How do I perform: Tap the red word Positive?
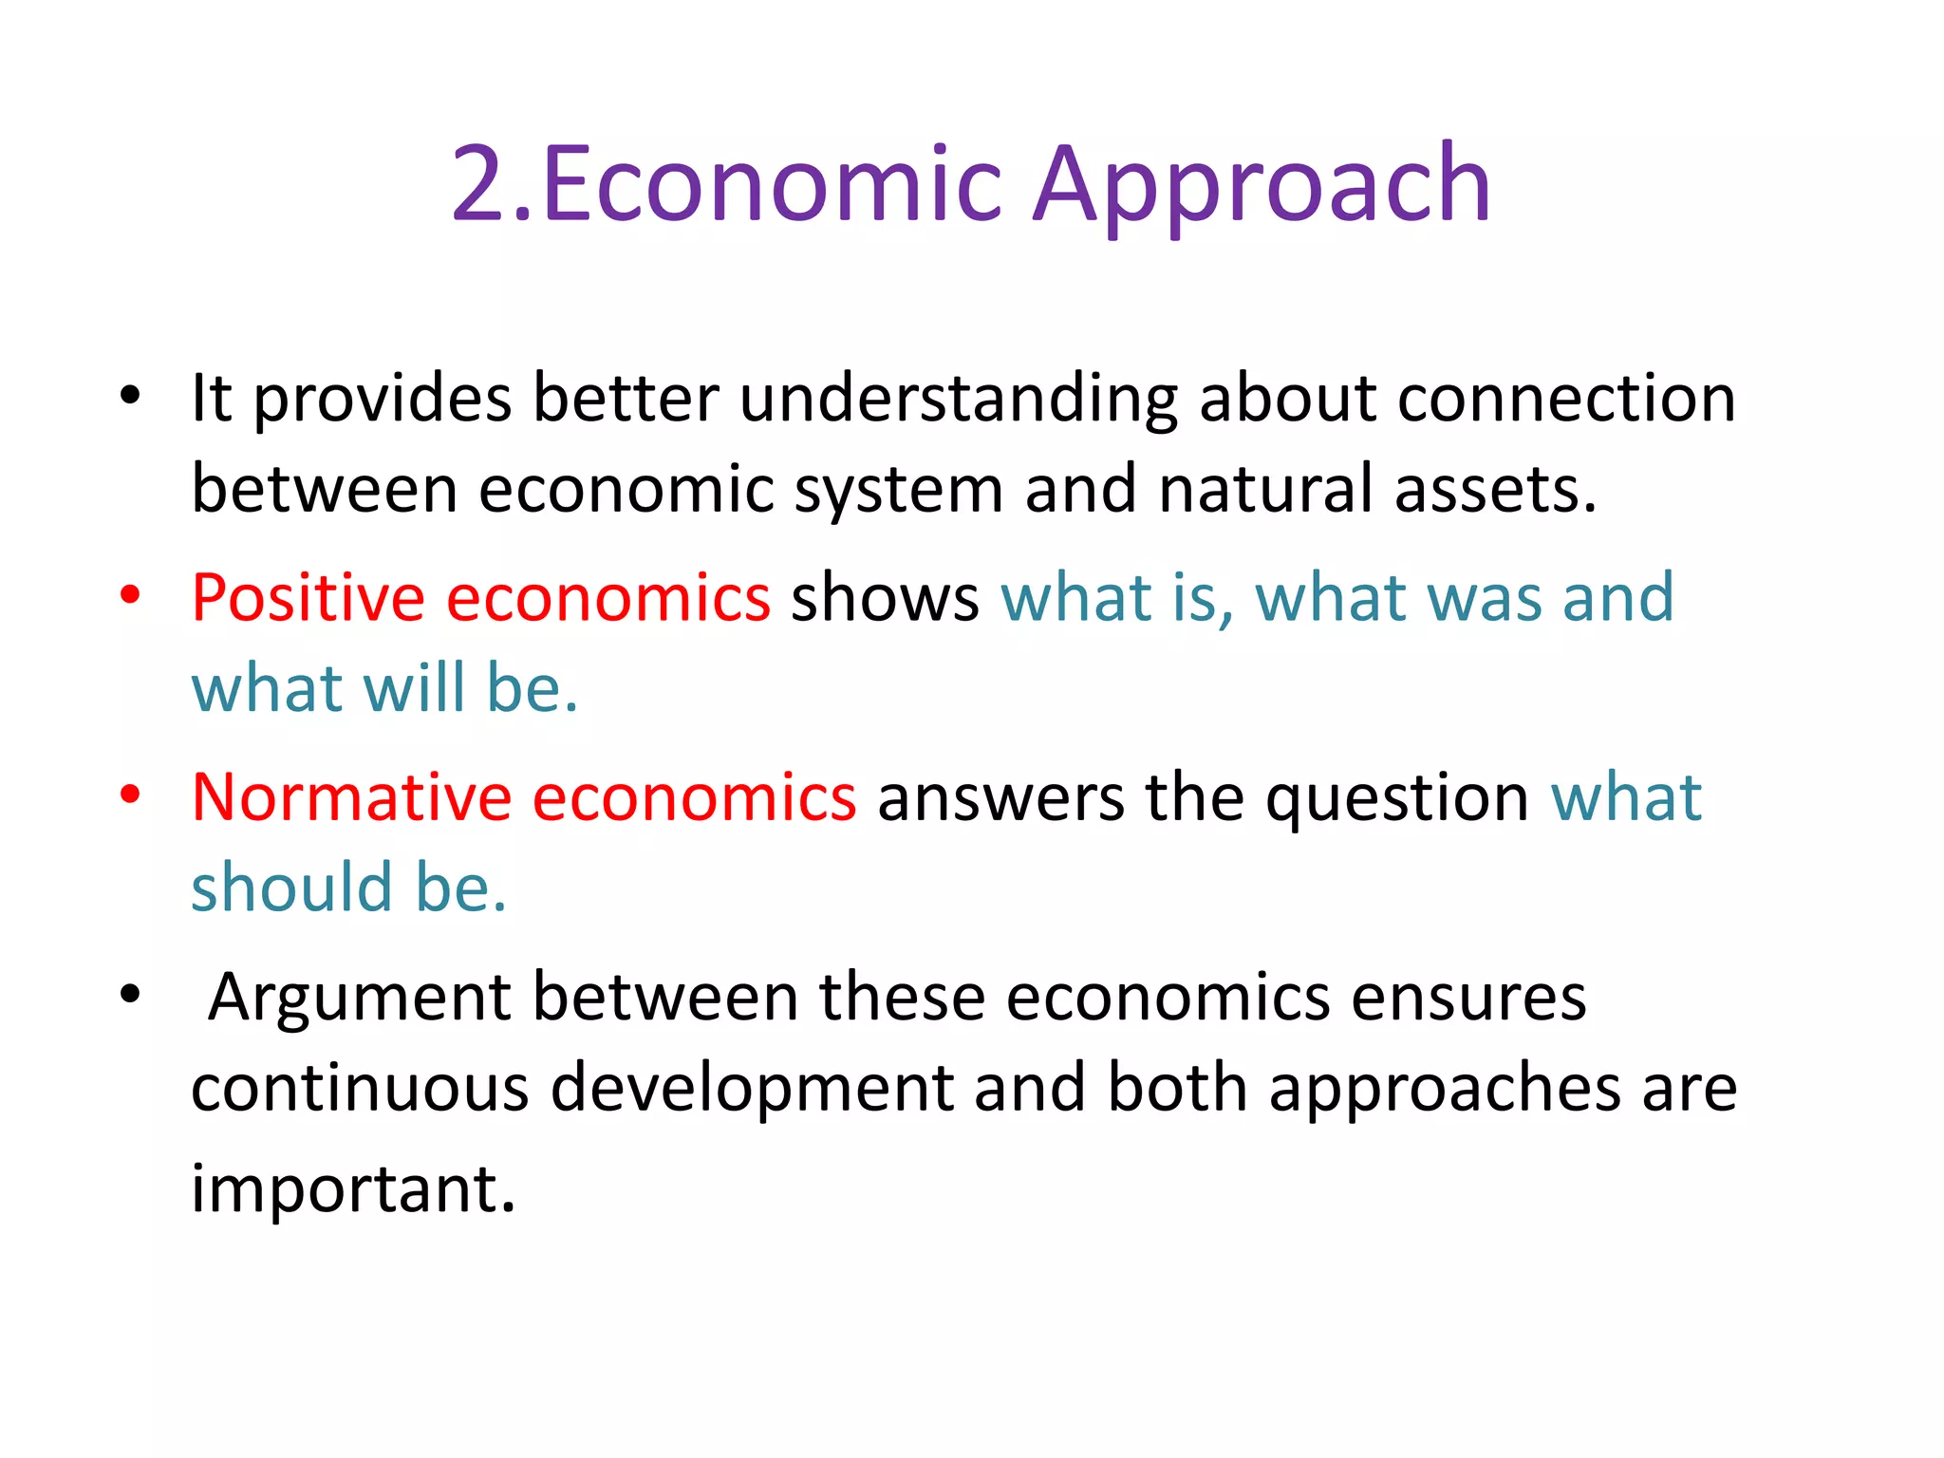click(308, 599)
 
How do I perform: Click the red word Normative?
click(351, 797)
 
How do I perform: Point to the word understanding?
click(959, 399)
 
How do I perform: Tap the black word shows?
click(885, 599)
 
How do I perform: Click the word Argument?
click(361, 999)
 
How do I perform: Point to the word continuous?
click(360, 1088)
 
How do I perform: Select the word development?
click(752, 1090)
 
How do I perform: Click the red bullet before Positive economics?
click(130, 596)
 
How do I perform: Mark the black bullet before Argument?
click(130, 995)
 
